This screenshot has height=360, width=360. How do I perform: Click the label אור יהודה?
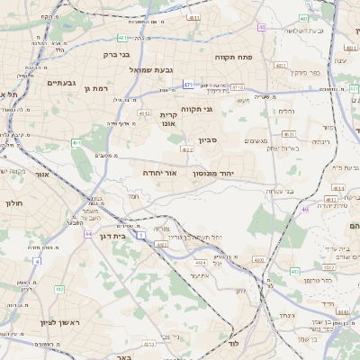(162, 172)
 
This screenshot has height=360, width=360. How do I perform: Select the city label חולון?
(13, 204)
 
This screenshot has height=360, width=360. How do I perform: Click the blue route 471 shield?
(188, 85)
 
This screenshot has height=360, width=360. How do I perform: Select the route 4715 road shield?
(238, 88)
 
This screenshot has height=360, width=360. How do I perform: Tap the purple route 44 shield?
(88, 234)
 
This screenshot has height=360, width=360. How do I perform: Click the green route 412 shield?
(58, 289)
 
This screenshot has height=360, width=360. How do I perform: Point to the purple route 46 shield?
(305, 209)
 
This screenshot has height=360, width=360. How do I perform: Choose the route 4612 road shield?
(145, 114)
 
